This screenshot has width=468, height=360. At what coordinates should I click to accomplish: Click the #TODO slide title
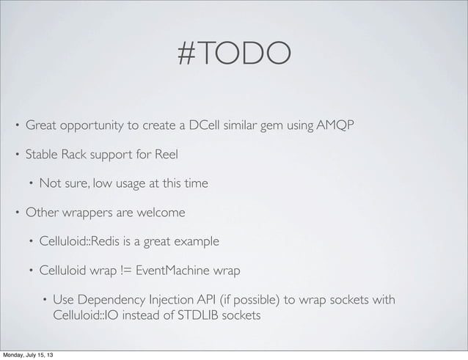click(x=234, y=53)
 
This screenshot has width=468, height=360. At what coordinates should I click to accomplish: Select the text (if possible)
click(x=254, y=301)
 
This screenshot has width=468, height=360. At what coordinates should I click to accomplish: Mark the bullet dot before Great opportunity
click(x=17, y=125)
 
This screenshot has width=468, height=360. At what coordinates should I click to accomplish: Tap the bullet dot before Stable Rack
click(x=17, y=155)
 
